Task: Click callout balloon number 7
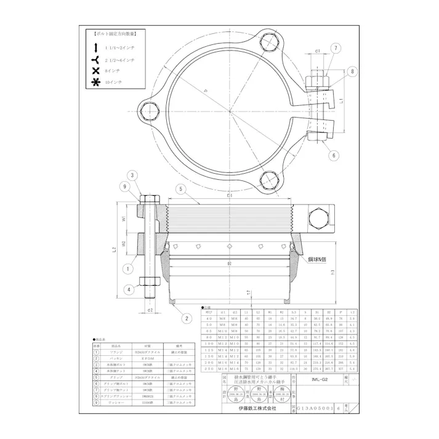pos(336,48)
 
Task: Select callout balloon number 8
pos(352,72)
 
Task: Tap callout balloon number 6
pos(333,156)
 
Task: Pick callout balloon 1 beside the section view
pos(127,268)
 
